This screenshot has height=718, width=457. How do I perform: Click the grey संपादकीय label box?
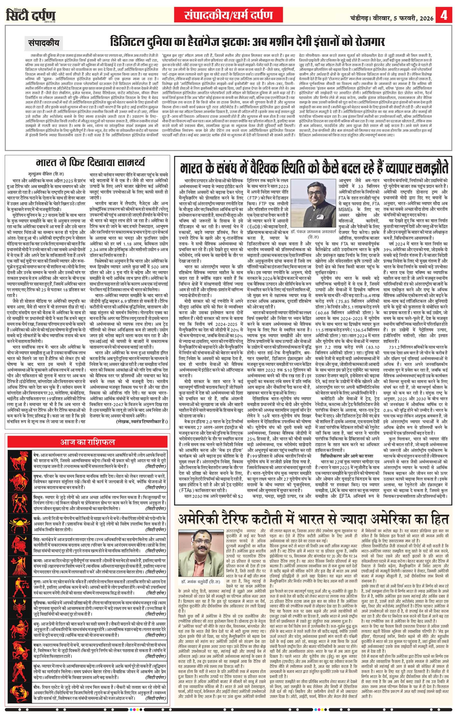tap(44, 42)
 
